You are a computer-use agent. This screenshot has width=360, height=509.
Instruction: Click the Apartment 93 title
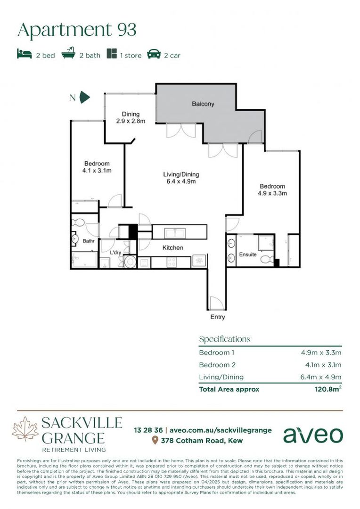tap(77, 30)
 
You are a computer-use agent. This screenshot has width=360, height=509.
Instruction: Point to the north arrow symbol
tap(84, 98)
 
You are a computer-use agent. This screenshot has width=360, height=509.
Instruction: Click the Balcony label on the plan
tap(203, 104)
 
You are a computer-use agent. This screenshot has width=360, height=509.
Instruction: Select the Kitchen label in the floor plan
tap(173, 247)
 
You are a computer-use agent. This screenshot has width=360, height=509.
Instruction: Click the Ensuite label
tap(248, 254)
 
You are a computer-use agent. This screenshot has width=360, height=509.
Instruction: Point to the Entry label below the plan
tap(218, 317)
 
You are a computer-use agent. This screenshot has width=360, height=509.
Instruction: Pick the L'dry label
tap(116, 253)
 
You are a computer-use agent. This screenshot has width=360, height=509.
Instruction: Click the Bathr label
tap(89, 242)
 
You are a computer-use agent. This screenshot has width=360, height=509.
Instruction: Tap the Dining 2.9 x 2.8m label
tap(131, 117)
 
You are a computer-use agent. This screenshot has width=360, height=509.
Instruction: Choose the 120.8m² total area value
tap(328, 389)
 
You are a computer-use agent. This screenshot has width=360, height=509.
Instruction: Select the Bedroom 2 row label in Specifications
tap(217, 365)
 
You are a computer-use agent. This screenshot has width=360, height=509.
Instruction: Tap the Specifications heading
tap(224, 339)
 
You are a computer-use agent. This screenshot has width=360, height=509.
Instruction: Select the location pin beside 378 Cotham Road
tap(155, 441)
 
